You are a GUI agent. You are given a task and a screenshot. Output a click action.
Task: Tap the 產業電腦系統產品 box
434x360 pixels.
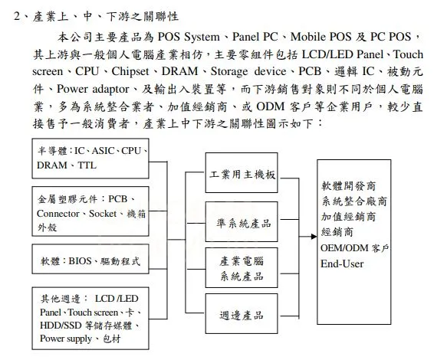tap(242, 268)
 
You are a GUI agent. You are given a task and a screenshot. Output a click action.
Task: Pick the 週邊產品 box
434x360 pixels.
tap(242, 315)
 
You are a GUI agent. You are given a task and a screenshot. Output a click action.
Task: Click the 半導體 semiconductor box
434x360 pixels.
tap(92, 158)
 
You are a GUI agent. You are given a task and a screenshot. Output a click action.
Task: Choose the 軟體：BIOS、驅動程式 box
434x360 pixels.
tap(92, 261)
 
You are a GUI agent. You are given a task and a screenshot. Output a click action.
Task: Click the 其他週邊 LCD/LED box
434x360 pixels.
tap(92, 316)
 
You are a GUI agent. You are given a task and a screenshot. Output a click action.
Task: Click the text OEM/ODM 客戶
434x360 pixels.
tap(355, 249)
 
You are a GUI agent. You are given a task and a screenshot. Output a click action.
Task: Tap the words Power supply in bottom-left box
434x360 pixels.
tap(67, 338)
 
